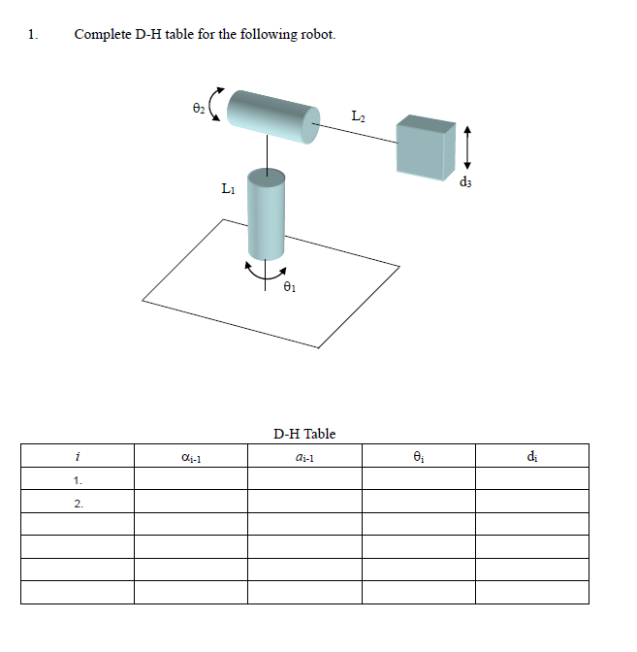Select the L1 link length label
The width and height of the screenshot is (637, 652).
227,188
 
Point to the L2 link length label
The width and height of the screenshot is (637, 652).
358,116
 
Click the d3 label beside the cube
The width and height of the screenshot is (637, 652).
466,180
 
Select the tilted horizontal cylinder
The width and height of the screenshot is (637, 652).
272,114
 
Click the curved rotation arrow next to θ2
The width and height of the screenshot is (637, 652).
216,105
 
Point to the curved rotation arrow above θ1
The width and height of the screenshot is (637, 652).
265,271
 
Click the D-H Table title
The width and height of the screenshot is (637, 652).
304,434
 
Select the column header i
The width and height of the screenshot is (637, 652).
77,456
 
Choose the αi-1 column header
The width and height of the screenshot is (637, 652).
190,457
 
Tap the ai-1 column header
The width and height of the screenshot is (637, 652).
304,457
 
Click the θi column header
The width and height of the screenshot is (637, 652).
418,456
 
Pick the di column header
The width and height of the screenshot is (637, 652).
531,456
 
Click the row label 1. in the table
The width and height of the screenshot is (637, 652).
78,479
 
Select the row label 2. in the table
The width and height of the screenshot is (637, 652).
78,503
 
